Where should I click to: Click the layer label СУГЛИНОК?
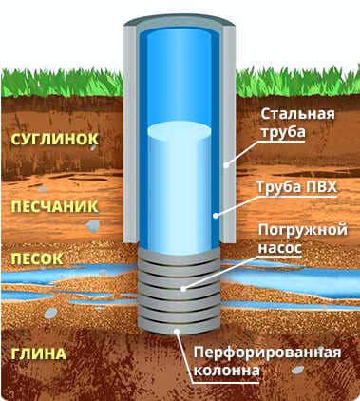point(55,140)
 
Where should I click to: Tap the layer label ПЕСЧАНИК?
point(55,207)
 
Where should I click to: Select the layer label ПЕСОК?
point(37,259)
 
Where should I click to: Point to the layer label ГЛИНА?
point(39,353)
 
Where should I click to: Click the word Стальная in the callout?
point(297,114)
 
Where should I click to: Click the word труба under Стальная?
point(283,131)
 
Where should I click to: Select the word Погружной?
point(303,230)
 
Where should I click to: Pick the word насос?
point(280,248)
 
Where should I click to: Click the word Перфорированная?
point(267,353)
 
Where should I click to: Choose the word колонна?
point(226,371)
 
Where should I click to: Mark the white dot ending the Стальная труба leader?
point(226,165)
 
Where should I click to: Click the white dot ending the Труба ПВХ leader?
point(216,216)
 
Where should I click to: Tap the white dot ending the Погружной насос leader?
point(182,289)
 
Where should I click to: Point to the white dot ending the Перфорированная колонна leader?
point(177,332)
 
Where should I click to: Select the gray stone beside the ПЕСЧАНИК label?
point(92,225)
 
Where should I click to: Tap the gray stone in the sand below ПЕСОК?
point(50,313)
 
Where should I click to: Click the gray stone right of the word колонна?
point(297,370)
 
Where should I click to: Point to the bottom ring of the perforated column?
point(179,327)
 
